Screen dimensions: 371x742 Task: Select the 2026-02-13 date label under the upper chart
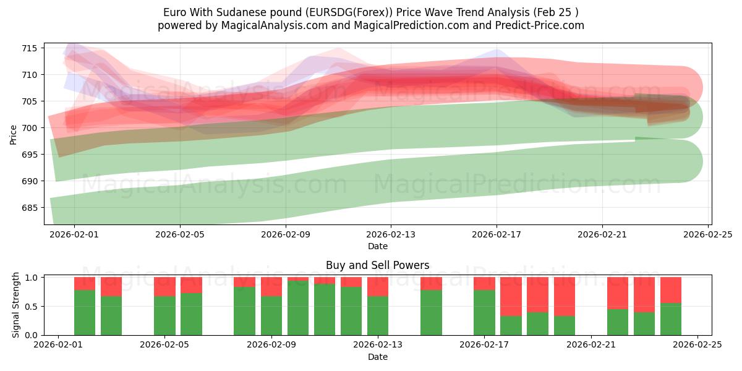[x=391, y=235]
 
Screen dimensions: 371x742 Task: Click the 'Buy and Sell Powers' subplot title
[x=377, y=265]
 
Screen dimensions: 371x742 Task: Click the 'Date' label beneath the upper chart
[x=377, y=246]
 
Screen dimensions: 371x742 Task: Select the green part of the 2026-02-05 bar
[x=164, y=315]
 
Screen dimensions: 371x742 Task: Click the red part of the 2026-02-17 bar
[x=484, y=283]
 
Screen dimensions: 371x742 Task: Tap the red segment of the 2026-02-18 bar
[x=511, y=296]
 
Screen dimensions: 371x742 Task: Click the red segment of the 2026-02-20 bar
[x=564, y=296]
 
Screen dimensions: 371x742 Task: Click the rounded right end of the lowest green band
[x=683, y=161]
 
